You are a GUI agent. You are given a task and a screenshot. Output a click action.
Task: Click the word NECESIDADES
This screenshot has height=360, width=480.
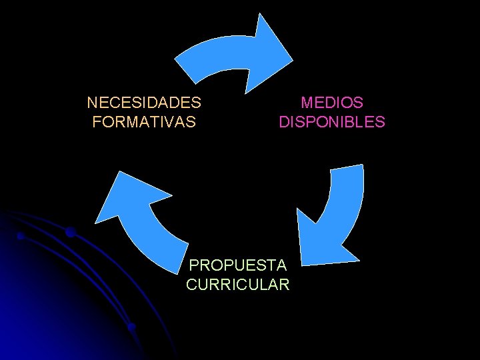(x=144, y=103)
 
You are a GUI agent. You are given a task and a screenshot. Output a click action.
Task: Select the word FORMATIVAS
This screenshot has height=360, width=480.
(x=144, y=122)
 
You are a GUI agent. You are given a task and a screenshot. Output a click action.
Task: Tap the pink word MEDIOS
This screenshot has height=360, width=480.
(x=332, y=103)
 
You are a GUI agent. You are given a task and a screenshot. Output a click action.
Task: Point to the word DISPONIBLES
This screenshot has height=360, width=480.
(x=332, y=122)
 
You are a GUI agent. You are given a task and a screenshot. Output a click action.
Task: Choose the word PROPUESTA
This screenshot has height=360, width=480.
(x=238, y=265)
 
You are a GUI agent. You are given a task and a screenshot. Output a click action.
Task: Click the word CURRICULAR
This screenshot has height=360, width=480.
(x=238, y=285)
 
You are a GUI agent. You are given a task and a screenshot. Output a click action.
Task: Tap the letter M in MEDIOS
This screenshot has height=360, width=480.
(x=306, y=103)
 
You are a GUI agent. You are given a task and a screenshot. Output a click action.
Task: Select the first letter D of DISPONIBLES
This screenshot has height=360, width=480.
(x=284, y=122)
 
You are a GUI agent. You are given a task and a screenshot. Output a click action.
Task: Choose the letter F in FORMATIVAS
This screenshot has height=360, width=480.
(x=97, y=122)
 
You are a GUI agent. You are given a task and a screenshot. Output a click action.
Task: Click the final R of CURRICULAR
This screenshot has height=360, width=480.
(x=285, y=285)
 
